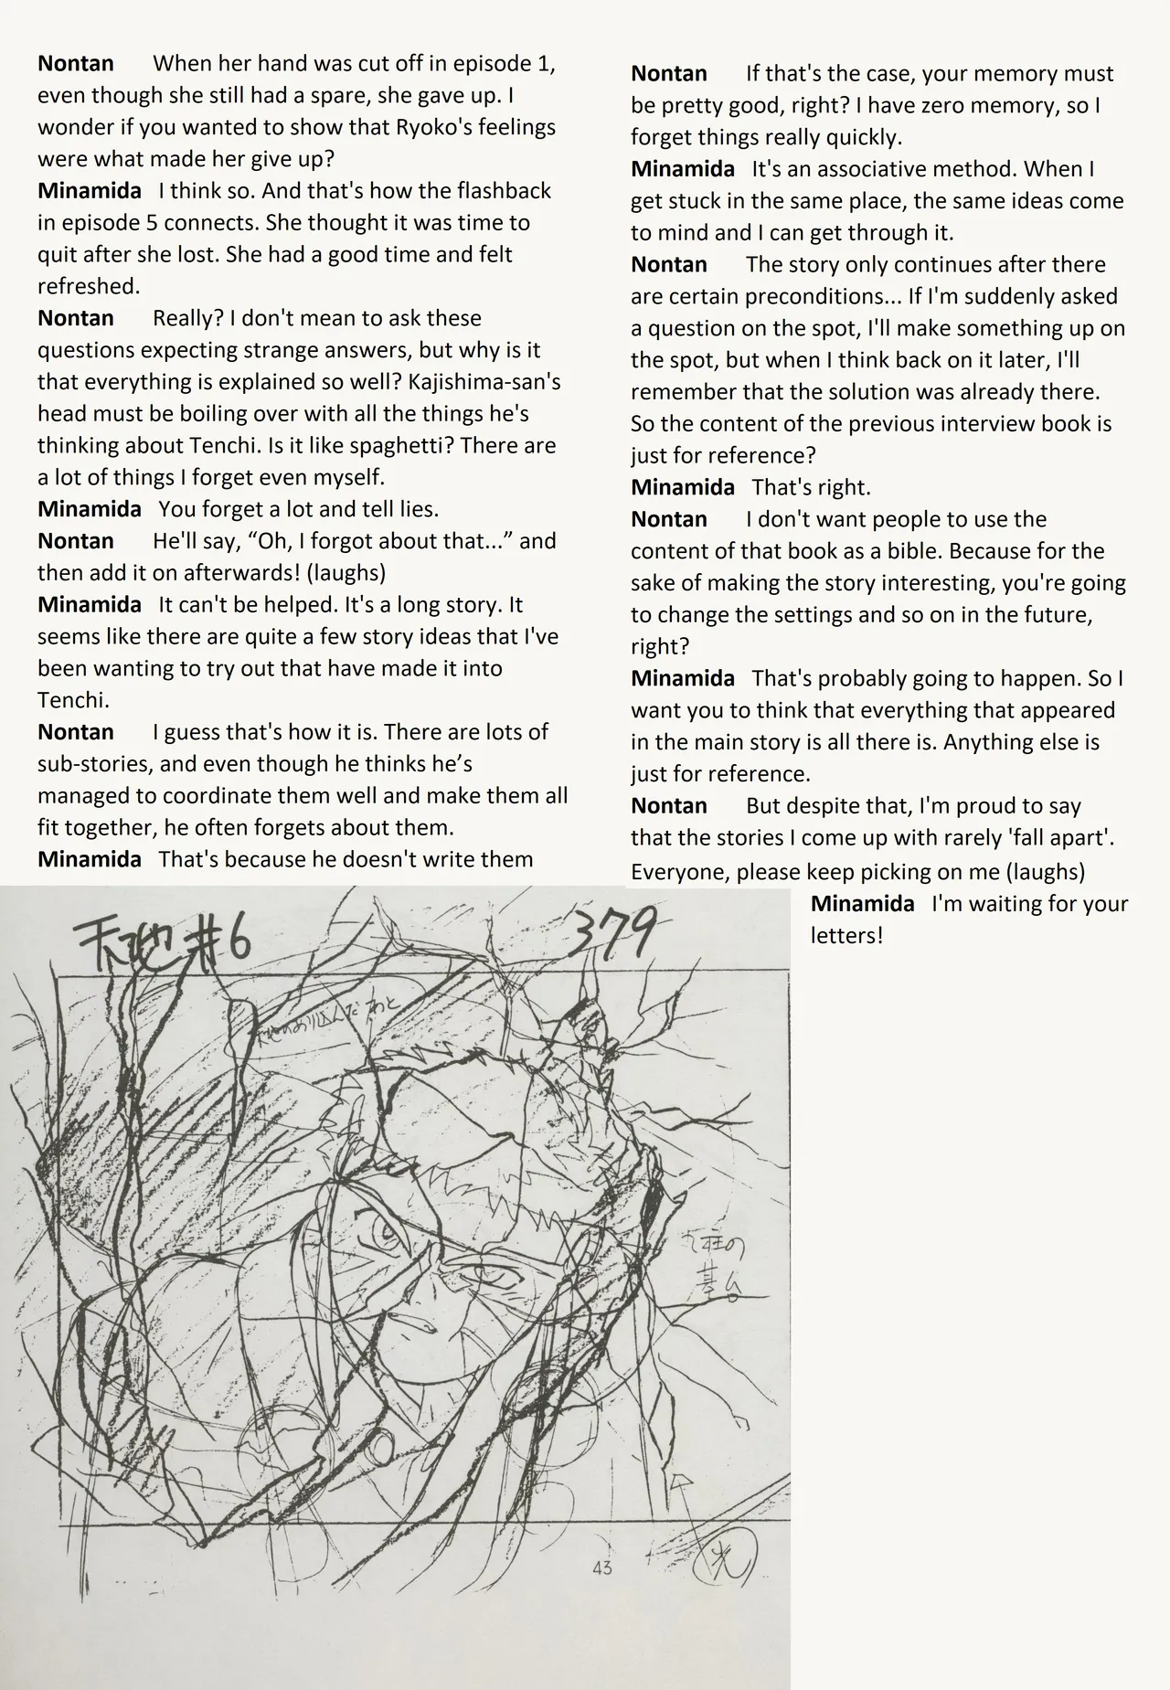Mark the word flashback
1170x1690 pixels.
[505, 190]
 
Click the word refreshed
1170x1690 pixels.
[89, 286]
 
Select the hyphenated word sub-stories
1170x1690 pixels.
[89, 763]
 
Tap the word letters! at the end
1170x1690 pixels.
[846, 936]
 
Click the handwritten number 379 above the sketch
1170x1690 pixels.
[612, 936]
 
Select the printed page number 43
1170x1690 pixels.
[602, 1568]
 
